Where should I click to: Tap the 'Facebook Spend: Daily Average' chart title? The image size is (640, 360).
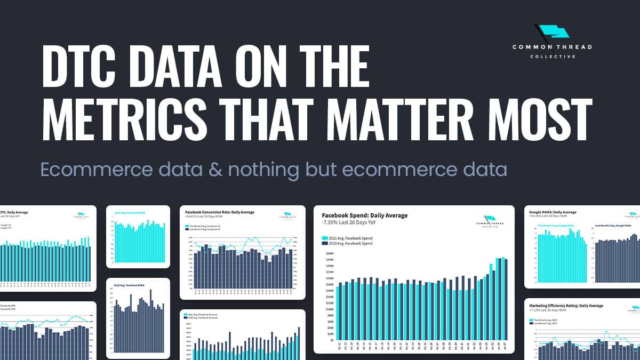pos(364,215)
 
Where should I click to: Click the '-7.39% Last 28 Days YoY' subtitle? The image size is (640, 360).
pos(351,223)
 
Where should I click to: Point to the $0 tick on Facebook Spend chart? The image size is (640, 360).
pos(330,340)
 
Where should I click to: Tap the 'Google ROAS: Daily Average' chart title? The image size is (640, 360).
pos(553,212)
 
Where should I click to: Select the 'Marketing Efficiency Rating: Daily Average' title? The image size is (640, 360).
pos(566,306)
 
